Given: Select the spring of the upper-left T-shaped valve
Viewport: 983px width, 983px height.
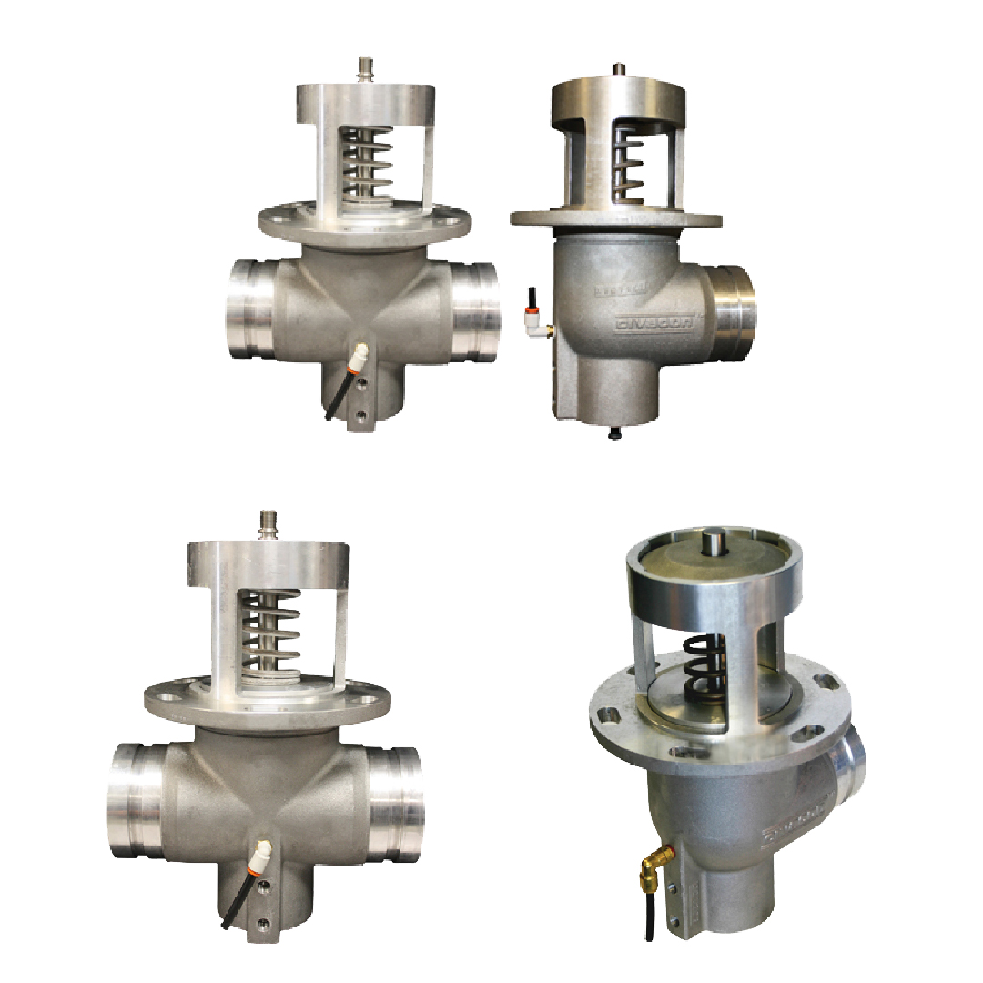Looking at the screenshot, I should pos(366,163).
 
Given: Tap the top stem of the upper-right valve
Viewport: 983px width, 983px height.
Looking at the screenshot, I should pos(619,68).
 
